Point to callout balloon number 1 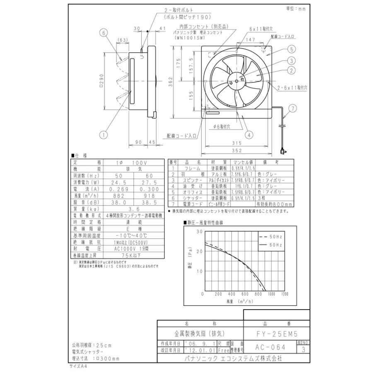pos(103,133)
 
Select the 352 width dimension pos(237,150)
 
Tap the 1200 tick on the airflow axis pos(284,294)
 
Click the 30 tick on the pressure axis pos(200,232)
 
